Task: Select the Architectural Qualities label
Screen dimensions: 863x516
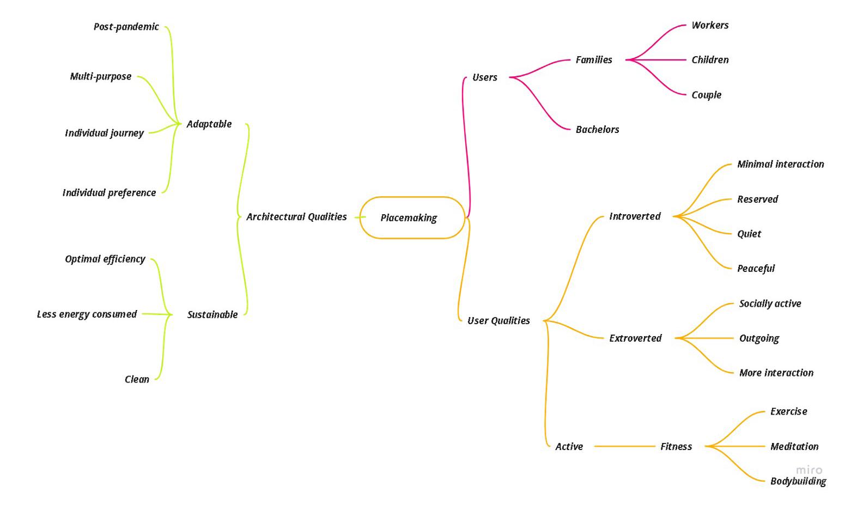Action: click(296, 217)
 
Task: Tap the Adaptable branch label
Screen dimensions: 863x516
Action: click(209, 124)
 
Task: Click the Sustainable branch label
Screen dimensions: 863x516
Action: click(212, 314)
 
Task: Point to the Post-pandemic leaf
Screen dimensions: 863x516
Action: click(126, 27)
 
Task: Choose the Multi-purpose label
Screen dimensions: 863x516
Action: click(101, 76)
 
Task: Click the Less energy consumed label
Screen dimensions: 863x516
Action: click(87, 314)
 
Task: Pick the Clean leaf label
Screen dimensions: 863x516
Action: click(137, 379)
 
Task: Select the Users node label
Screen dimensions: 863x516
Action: click(484, 77)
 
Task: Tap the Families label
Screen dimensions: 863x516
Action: click(594, 60)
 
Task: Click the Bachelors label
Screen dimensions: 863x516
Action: click(597, 130)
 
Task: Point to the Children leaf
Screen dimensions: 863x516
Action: click(710, 60)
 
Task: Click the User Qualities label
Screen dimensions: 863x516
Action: click(499, 320)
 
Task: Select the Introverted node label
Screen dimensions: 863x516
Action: click(635, 216)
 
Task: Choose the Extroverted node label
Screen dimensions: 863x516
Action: click(635, 338)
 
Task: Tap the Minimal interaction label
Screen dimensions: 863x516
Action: click(780, 164)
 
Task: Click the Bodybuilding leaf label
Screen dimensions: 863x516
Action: click(798, 481)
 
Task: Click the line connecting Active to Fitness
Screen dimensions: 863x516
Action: click(624, 446)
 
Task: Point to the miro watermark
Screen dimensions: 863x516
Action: click(809, 470)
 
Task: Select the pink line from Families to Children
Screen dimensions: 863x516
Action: click(657, 60)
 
